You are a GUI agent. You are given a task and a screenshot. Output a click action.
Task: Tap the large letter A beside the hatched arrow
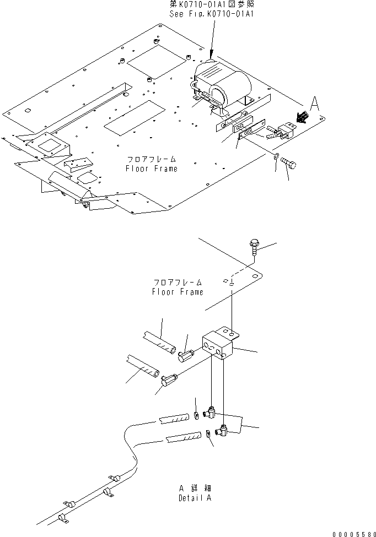click(x=314, y=104)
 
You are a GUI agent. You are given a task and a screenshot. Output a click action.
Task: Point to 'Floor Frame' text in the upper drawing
click(x=151, y=169)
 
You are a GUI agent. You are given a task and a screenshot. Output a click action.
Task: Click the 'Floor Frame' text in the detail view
click(x=177, y=292)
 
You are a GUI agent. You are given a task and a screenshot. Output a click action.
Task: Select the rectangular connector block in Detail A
click(x=218, y=346)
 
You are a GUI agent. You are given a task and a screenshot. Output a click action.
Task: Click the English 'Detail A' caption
click(x=195, y=498)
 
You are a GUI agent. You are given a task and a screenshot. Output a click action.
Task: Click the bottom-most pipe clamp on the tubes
click(x=62, y=518)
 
